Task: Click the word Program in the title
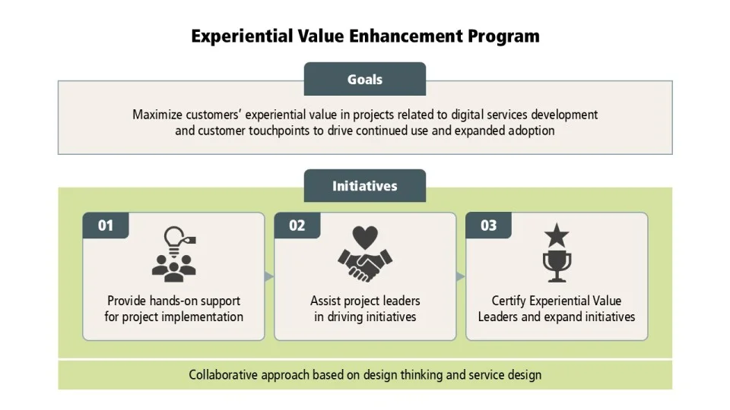pyautogui.click(x=502, y=36)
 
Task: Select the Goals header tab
pyautogui.click(x=365, y=80)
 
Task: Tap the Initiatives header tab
pyautogui.click(x=365, y=186)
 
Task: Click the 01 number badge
pyautogui.click(x=106, y=225)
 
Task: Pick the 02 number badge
pyautogui.click(x=297, y=225)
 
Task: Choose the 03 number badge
pyautogui.click(x=489, y=225)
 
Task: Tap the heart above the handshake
pyautogui.click(x=365, y=238)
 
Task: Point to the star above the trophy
pyautogui.click(x=557, y=236)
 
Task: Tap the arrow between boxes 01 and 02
pyautogui.click(x=268, y=276)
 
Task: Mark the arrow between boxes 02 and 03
pyautogui.click(x=460, y=276)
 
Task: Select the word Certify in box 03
pyautogui.click(x=509, y=301)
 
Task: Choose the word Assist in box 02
pyautogui.click(x=325, y=301)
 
